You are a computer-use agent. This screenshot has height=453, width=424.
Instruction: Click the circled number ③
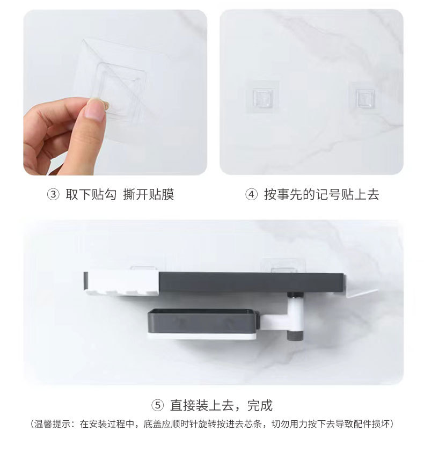tap(53, 194)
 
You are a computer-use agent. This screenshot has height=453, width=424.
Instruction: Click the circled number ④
tap(251, 194)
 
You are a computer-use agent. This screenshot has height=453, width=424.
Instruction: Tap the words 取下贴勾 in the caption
tap(91, 194)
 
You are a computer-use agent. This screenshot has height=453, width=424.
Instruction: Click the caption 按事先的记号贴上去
tap(321, 194)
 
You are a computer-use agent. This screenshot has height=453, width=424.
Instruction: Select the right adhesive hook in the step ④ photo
tap(361, 98)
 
